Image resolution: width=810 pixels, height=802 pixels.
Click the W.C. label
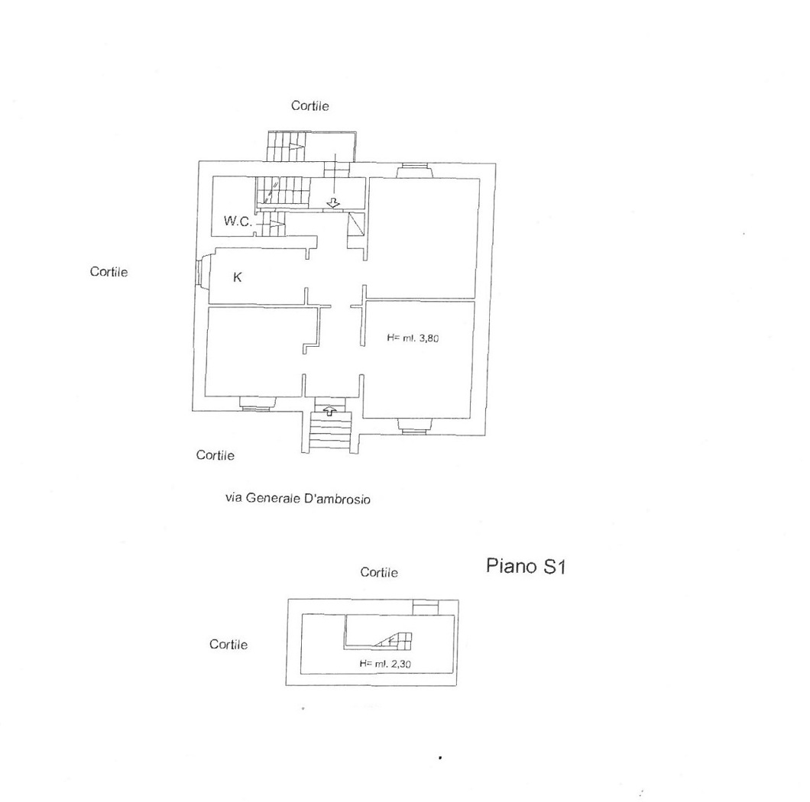click(238, 222)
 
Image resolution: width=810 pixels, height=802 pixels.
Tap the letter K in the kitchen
click(237, 277)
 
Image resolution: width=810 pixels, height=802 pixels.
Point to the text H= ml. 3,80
click(413, 338)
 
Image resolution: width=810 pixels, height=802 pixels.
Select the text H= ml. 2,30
click(385, 664)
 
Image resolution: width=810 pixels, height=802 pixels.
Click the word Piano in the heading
click(511, 566)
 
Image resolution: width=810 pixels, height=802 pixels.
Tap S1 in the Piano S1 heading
click(554, 567)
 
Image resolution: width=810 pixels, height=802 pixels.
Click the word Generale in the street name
click(271, 498)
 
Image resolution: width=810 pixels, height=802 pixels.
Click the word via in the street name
click(234, 498)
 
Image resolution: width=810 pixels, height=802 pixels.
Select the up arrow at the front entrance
click(329, 411)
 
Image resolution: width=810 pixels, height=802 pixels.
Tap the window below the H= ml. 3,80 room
click(414, 425)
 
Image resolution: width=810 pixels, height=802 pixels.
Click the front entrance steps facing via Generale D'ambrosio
click(330, 432)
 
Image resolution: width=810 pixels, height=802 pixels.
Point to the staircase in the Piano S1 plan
click(395, 641)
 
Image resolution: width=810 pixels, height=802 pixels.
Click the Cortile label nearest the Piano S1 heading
click(379, 572)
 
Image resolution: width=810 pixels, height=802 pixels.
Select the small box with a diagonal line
click(356, 225)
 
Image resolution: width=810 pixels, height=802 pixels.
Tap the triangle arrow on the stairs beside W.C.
click(277, 224)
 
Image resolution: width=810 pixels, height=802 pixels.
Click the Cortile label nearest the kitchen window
click(109, 272)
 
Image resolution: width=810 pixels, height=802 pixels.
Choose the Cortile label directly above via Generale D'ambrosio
click(215, 455)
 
